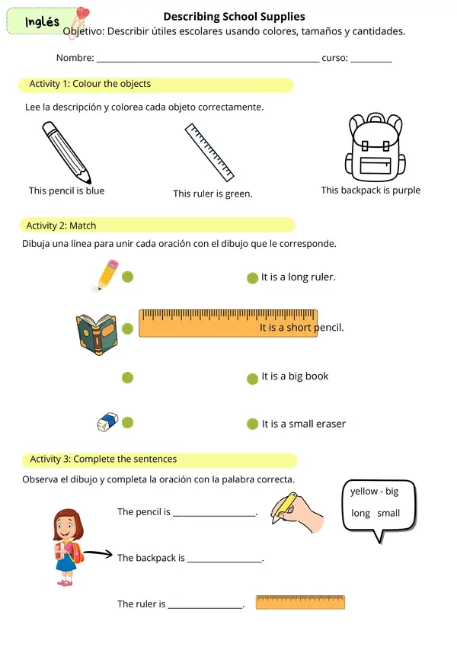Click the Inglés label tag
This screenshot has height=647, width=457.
[42, 21]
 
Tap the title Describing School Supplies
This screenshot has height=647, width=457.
[235, 17]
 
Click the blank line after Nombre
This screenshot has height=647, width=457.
[208, 62]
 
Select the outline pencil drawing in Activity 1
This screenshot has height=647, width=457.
[66, 152]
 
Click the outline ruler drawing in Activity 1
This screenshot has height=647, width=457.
[209, 152]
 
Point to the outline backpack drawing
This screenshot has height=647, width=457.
[375, 147]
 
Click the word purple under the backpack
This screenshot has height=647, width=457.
[406, 191]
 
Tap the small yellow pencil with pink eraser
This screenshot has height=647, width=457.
[105, 275]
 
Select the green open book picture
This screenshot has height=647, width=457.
[97, 335]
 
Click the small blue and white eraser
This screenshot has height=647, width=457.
[107, 421]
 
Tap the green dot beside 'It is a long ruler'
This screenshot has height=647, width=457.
[252, 278]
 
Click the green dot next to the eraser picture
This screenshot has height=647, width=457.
[127, 422]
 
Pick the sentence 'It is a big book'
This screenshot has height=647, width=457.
[295, 376]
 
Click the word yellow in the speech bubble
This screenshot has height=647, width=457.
[364, 491]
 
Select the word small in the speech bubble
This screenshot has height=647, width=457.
[388, 513]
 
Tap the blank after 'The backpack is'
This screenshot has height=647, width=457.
[225, 561]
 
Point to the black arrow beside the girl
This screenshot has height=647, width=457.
[97, 554]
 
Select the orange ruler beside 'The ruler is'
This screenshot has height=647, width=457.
[300, 603]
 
